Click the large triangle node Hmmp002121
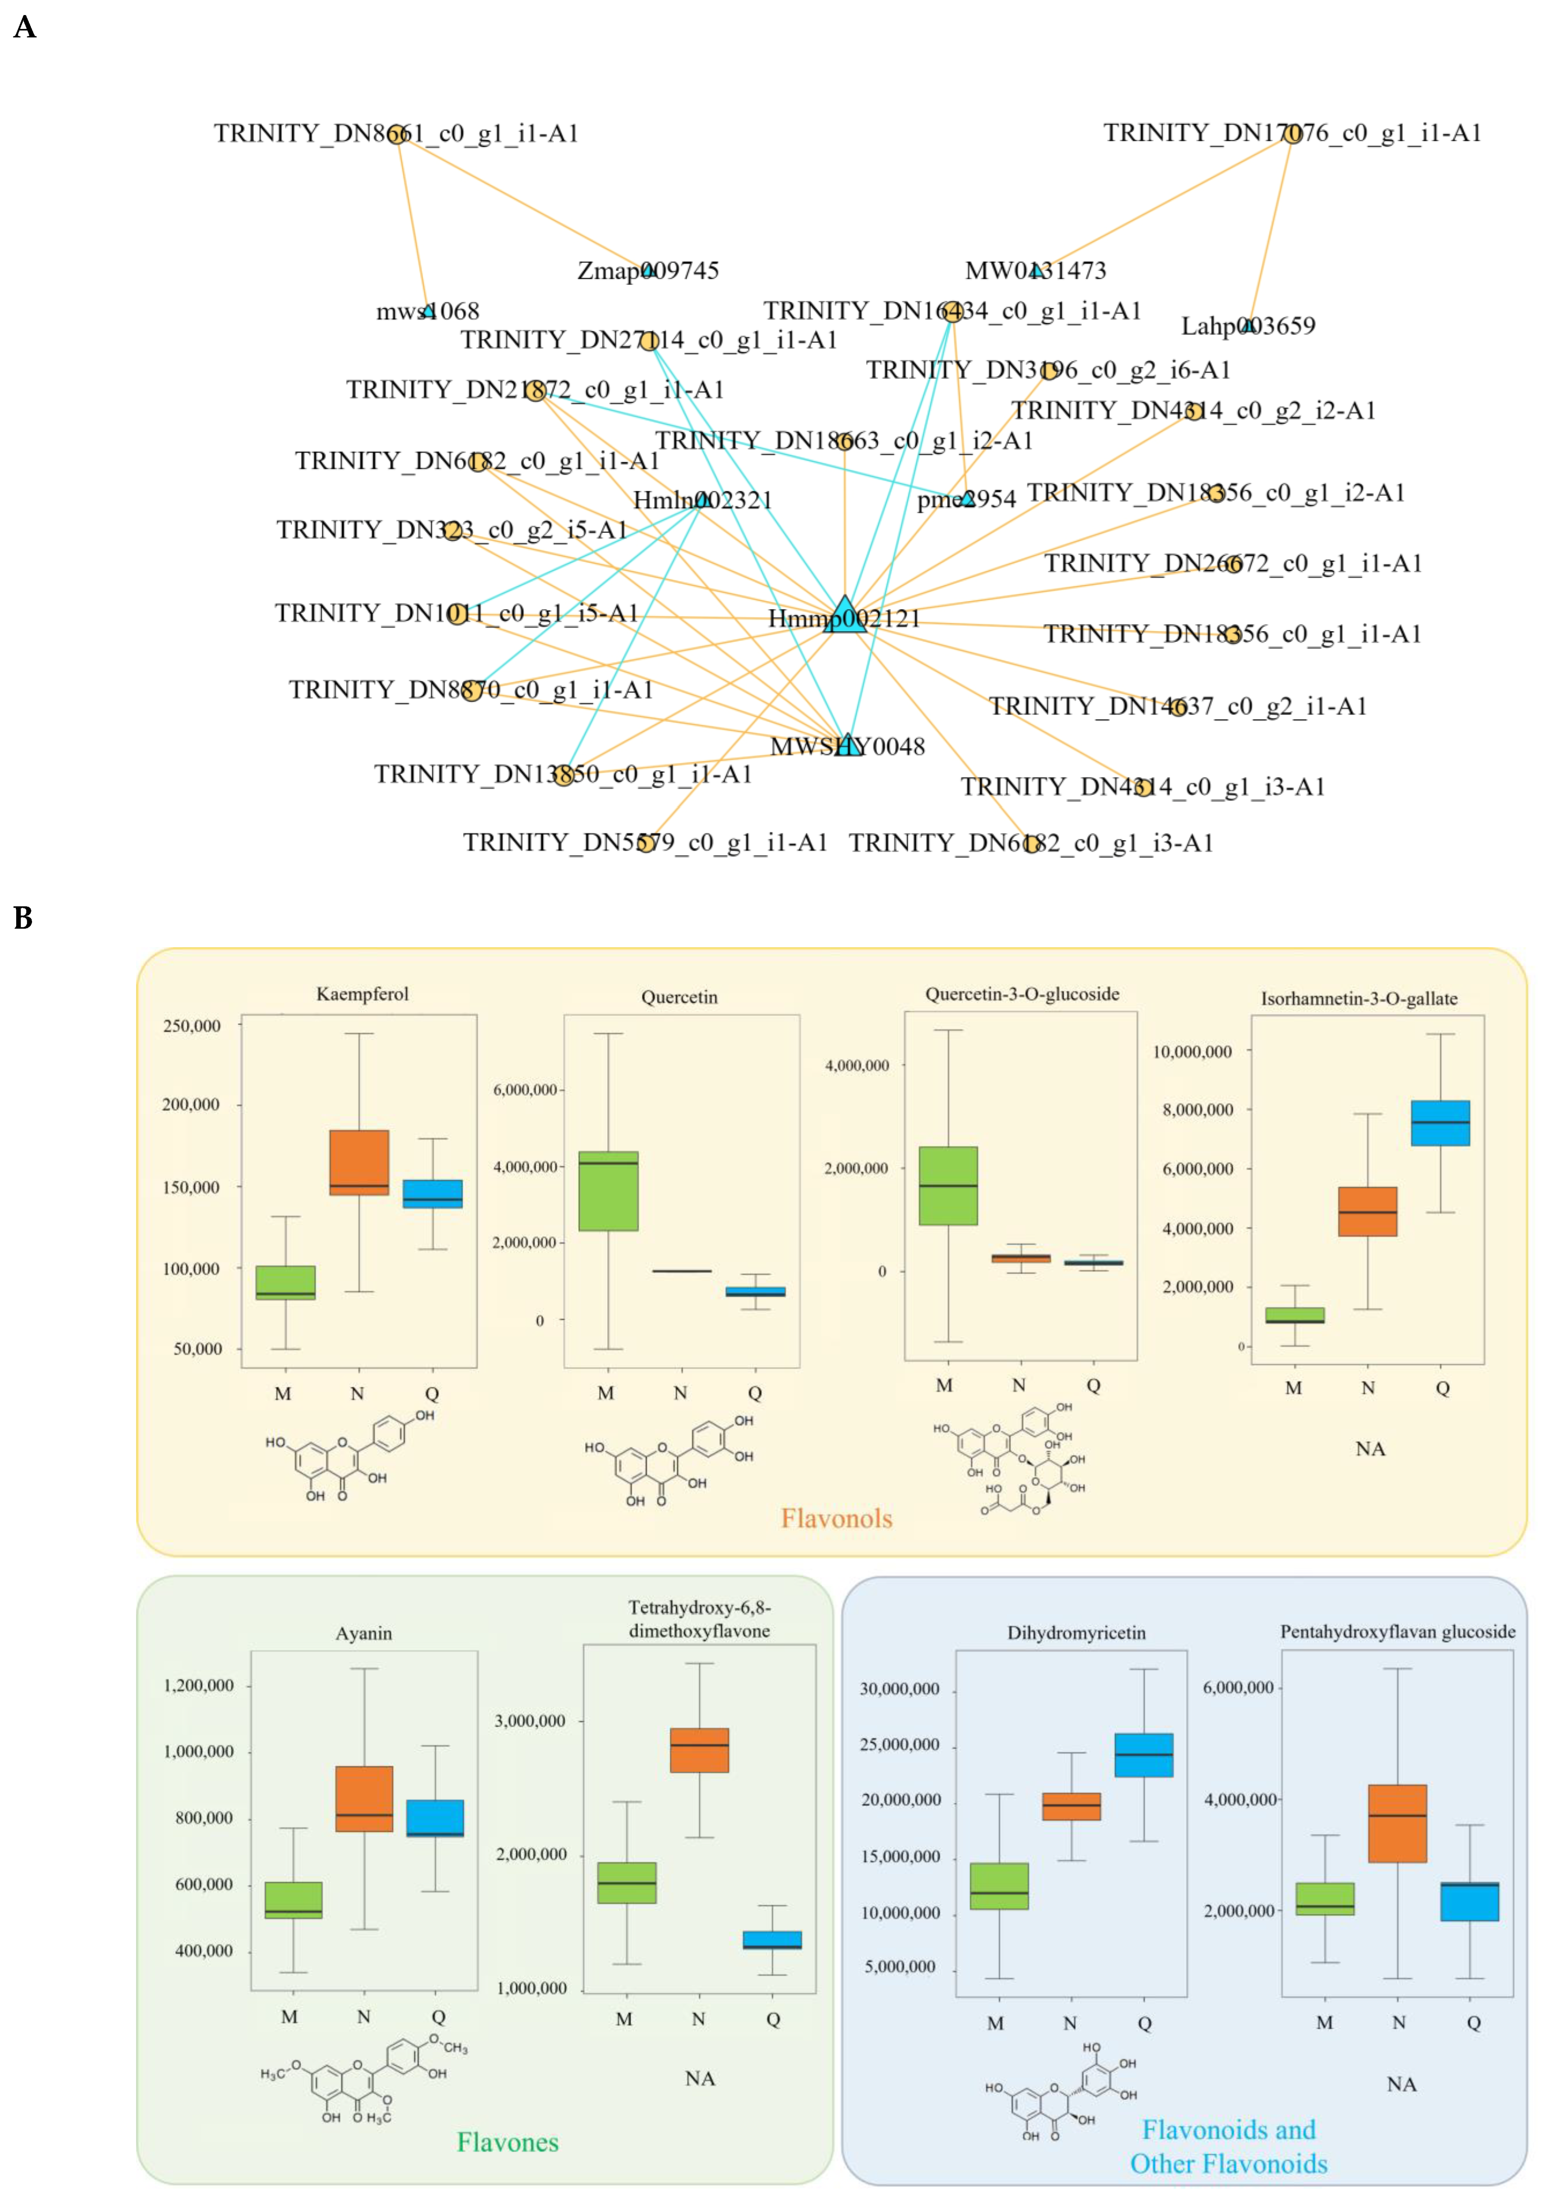tap(844, 616)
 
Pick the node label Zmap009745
tap(648, 271)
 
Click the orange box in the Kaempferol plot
tap(359, 1162)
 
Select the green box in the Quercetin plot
tap(608, 1191)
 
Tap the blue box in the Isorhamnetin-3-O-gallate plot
tap(1439, 1123)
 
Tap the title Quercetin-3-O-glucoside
tap(1022, 994)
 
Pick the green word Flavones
tap(507, 2142)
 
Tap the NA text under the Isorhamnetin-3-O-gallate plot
tap(1369, 1448)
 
